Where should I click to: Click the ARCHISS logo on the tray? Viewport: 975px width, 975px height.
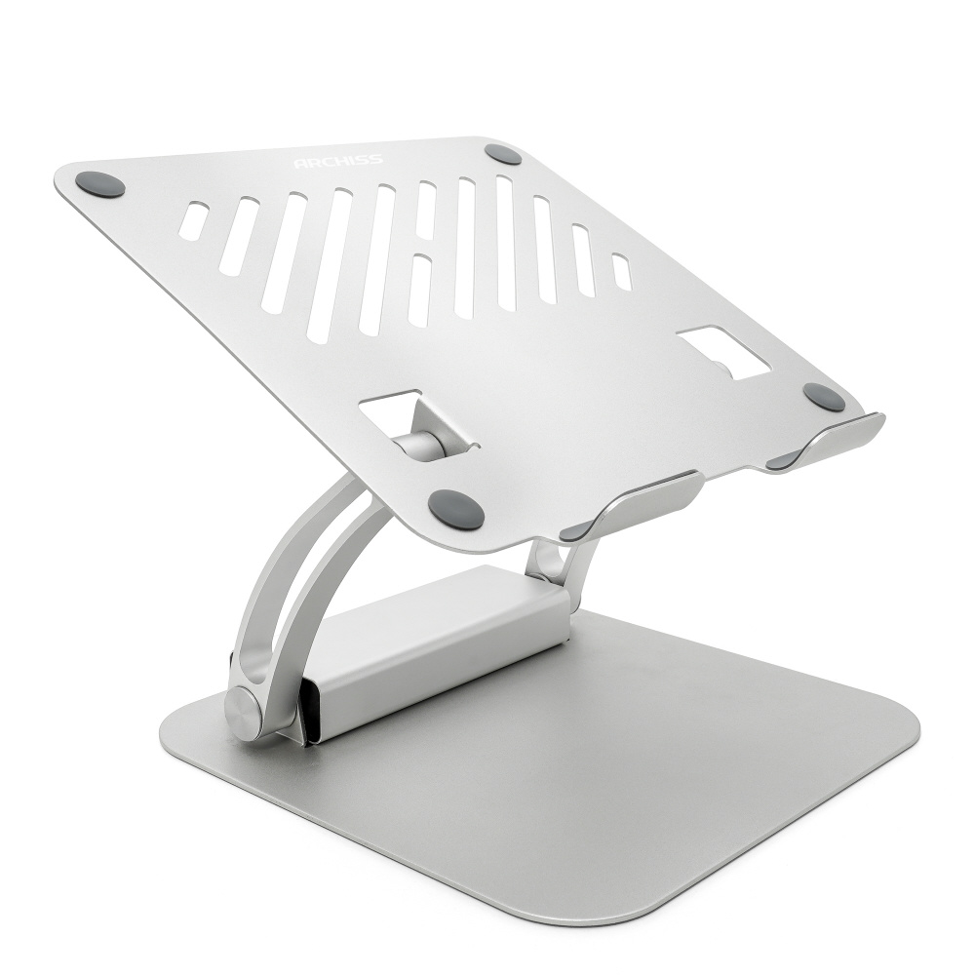coord(338,162)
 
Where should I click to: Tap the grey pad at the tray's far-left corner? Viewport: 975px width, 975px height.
coord(100,184)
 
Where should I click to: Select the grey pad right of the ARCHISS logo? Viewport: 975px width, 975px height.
coord(502,154)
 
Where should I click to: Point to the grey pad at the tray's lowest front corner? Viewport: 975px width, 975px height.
coord(455,509)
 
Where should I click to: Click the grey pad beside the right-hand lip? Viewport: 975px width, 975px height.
coord(824,397)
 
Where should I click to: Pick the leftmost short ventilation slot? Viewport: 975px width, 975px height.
coord(193,220)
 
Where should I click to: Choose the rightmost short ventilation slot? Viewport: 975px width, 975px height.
coord(622,272)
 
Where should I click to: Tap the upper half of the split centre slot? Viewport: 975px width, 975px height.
coord(426,212)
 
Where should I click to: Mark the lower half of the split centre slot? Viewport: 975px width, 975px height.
coord(419,290)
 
